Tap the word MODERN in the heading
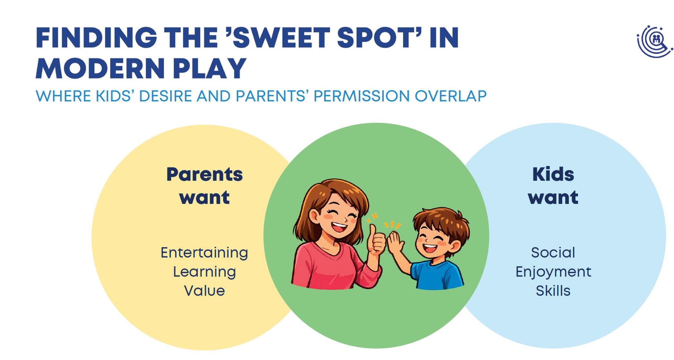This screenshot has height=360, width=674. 100,68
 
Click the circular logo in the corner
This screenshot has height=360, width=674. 654,41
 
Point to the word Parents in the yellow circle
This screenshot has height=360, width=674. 205,175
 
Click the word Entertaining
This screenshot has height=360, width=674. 204,253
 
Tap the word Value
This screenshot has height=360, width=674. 204,291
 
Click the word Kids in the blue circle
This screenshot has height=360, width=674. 553,174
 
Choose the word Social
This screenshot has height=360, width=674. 553,252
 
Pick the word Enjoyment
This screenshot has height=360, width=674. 553,272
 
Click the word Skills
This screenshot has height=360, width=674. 553,291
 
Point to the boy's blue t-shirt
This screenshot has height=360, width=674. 437,275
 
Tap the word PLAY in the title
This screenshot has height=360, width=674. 210,68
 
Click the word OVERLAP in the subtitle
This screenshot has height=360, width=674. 451,96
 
